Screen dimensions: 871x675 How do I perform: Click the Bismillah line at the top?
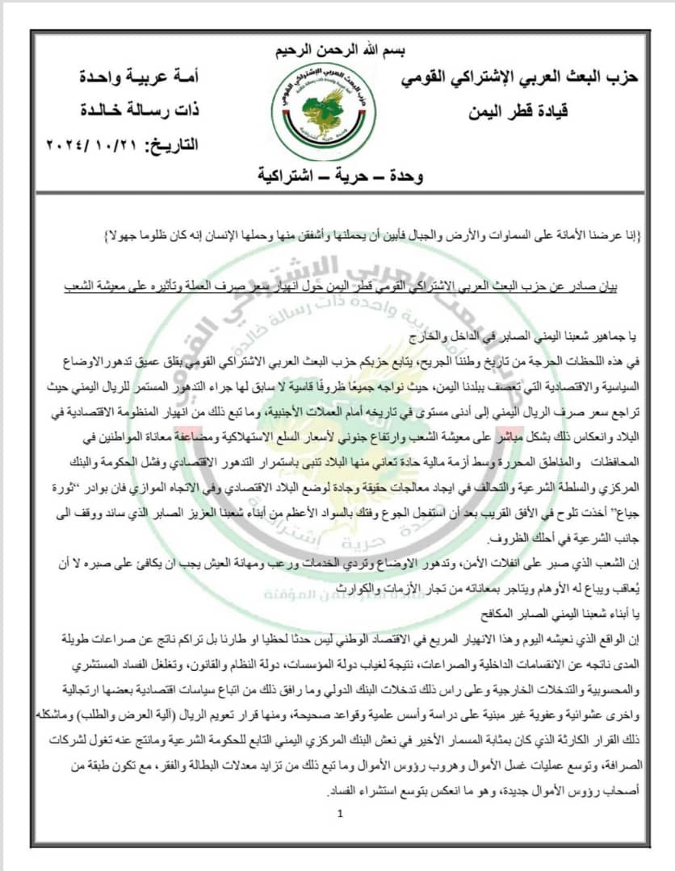point(337,51)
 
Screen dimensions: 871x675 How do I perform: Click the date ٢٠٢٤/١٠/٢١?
point(90,146)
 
